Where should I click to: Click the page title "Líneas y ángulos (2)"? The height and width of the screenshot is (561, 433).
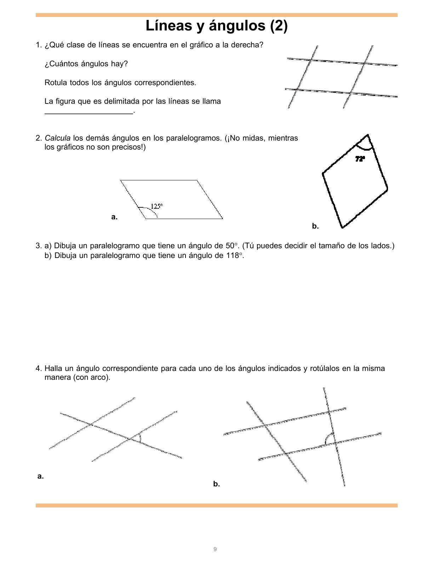point(216,26)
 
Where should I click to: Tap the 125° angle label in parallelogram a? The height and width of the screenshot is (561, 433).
point(157,206)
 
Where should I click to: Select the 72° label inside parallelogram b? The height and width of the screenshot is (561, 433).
point(360,159)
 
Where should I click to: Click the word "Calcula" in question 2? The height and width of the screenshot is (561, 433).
point(57,138)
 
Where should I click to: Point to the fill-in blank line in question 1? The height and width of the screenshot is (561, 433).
point(89,113)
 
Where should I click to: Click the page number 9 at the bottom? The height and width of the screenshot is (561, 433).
point(215,549)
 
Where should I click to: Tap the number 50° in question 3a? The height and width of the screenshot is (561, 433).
point(230,246)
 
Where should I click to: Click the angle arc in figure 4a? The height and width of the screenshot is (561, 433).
point(140,437)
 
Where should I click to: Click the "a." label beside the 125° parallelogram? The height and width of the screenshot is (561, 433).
point(114,217)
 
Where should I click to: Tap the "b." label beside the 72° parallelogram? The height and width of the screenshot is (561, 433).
point(315,226)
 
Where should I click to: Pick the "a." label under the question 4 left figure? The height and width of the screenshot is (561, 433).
point(41,476)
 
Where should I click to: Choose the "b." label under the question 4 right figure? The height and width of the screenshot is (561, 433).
point(216,484)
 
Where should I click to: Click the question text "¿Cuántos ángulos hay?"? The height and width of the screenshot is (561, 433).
point(86,64)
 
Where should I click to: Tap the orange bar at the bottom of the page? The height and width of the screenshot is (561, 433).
point(216,505)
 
